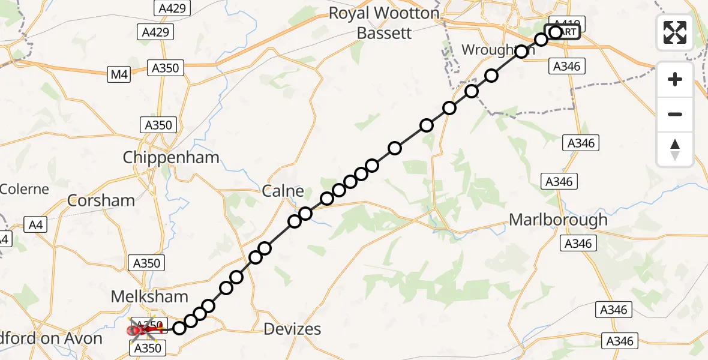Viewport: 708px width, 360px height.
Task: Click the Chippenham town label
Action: tap(171, 158)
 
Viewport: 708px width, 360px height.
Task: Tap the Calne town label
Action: tap(283, 191)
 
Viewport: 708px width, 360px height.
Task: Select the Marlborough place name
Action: tap(558, 220)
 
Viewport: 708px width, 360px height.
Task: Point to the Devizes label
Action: tap(293, 329)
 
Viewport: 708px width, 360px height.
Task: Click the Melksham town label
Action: tap(149, 296)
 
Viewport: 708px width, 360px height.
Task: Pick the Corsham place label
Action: tap(101, 200)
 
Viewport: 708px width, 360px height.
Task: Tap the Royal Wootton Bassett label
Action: tap(384, 23)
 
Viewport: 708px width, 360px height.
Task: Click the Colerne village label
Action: tap(24, 189)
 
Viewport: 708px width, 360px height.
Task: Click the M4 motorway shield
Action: tap(119, 74)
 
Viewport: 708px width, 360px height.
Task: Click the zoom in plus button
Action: tap(675, 80)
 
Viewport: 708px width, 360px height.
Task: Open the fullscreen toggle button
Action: tap(675, 32)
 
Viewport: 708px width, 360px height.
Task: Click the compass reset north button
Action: tap(675, 149)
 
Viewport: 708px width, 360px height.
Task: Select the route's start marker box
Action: tap(562, 32)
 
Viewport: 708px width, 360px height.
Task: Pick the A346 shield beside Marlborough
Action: tap(577, 243)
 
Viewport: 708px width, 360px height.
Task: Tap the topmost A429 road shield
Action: tap(172, 8)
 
